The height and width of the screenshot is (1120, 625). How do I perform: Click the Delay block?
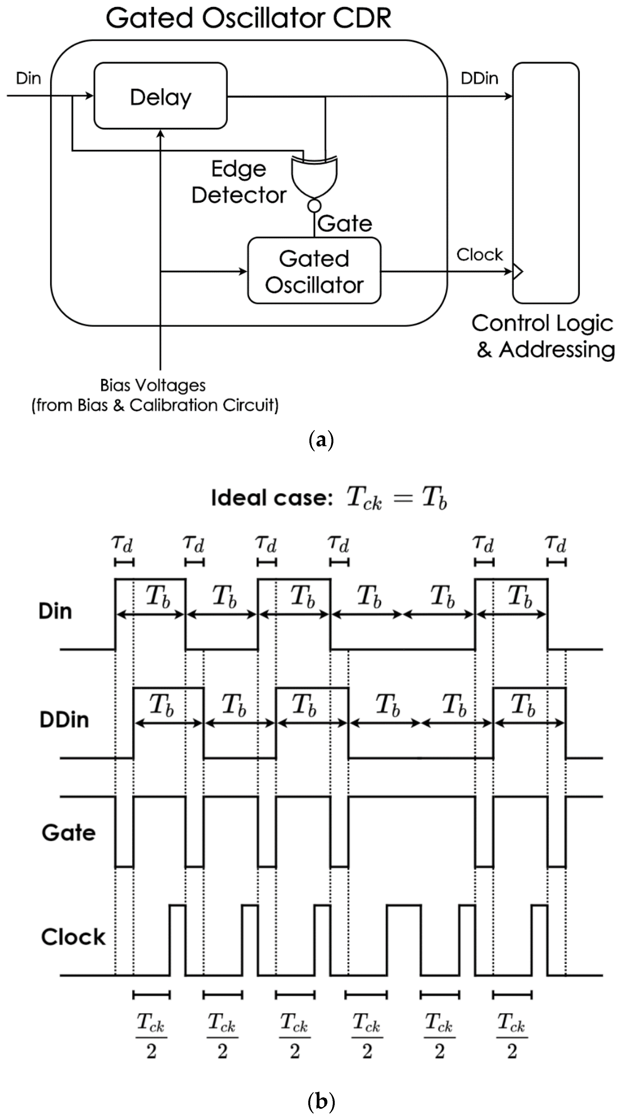point(160,96)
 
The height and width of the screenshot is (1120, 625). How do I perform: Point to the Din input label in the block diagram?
point(28,79)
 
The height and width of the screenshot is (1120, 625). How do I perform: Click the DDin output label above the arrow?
point(479,79)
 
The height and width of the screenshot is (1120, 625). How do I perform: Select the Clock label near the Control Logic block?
point(479,255)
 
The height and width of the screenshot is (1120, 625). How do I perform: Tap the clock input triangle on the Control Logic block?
point(517,272)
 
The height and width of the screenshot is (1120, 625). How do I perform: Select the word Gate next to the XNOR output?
point(345,224)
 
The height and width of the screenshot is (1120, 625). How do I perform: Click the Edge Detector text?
point(239,182)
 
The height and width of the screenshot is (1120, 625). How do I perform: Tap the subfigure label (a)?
point(321,440)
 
